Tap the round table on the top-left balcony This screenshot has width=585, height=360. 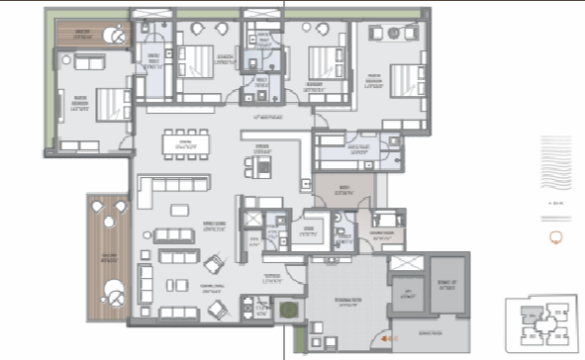click(117, 38)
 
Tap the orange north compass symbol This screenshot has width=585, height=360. click(555, 236)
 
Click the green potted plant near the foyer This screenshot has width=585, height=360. click(288, 311)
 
